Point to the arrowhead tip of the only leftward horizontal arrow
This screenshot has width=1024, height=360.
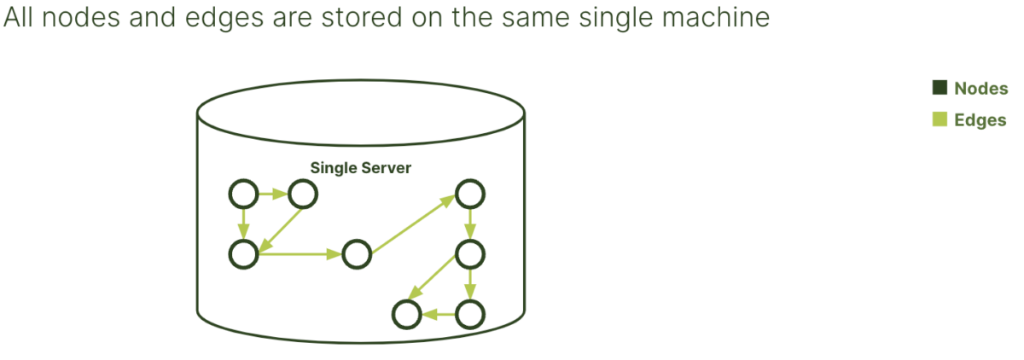coord(421,314)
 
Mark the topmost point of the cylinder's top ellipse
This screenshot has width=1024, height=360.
coord(361,80)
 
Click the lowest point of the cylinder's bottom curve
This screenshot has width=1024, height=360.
coord(361,343)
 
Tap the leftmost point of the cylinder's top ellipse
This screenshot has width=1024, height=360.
coord(197,113)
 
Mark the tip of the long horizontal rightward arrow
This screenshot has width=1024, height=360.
coord(342,254)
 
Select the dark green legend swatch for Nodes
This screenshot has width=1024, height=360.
coord(940,88)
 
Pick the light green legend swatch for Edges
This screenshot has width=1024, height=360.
coord(940,119)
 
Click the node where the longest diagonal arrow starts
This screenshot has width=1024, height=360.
coord(357,254)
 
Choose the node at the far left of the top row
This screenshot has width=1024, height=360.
coord(244,194)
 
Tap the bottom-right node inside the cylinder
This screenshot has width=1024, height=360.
coord(470,314)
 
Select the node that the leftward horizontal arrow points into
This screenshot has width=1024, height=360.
coord(406,314)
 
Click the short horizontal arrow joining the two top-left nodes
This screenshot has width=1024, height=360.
coord(273,194)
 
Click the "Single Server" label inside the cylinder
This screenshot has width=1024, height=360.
coord(361,168)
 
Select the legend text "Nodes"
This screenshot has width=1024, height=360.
coord(981,88)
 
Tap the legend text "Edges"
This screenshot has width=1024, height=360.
coord(980,119)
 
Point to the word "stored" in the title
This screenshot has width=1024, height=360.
coord(361,17)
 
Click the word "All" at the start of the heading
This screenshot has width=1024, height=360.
coord(18,17)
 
